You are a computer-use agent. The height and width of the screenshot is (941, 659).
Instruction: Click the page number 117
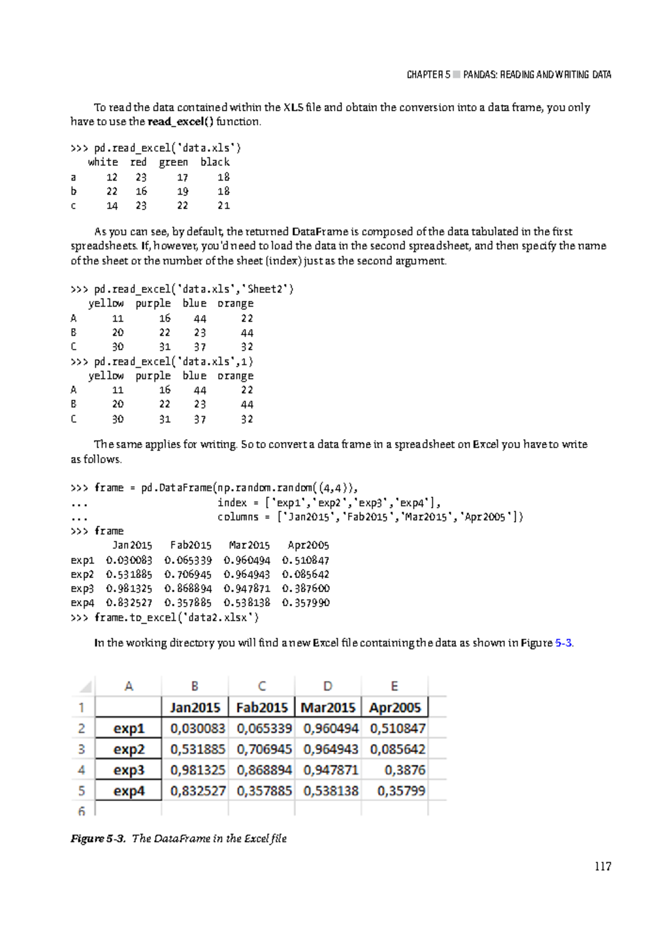[602, 866]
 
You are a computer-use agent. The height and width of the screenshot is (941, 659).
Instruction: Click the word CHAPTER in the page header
[425, 75]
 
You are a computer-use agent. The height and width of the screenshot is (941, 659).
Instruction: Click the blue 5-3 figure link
[563, 643]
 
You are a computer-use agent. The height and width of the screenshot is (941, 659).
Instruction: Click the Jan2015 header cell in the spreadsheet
[195, 707]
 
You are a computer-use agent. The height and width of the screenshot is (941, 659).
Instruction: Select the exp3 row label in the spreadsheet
[129, 770]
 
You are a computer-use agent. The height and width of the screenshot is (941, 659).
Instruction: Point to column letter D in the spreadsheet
[328, 686]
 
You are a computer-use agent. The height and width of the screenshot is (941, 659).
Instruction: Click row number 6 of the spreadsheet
[81, 810]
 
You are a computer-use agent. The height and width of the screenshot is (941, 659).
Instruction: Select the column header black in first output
[215, 162]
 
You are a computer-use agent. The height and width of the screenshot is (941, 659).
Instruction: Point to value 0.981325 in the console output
[129, 589]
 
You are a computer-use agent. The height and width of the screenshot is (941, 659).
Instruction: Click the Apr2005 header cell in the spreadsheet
[395, 707]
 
